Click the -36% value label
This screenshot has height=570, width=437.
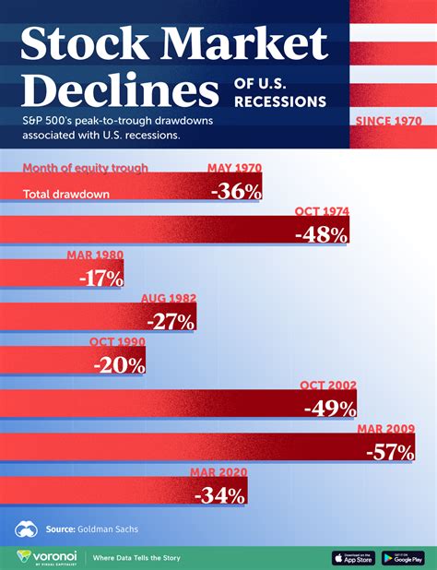tap(236, 192)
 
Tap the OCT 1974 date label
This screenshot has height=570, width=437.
tap(323, 212)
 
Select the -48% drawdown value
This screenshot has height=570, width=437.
tap(321, 234)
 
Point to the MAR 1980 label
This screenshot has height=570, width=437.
tap(95, 255)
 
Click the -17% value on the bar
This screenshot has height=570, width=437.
tap(96, 278)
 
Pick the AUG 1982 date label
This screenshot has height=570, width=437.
tap(168, 299)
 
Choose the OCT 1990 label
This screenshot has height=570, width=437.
tap(117, 342)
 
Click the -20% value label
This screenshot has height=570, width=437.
tap(118, 364)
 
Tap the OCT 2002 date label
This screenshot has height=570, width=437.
tap(329, 386)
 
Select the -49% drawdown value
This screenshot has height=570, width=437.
tap(329, 408)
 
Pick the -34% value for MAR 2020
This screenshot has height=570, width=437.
tap(220, 495)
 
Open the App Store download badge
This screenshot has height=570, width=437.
tap(353, 557)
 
